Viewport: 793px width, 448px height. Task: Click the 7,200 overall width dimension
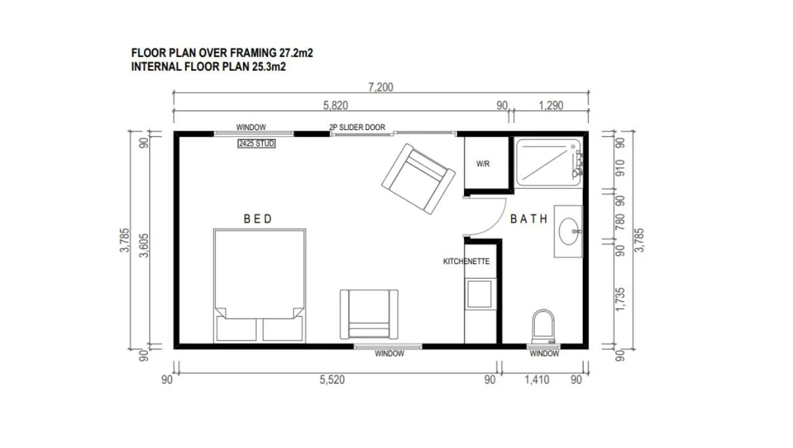pyautogui.click(x=380, y=87)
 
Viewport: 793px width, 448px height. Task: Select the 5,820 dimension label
pyautogui.click(x=335, y=106)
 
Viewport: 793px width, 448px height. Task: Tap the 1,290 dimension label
pyautogui.click(x=551, y=106)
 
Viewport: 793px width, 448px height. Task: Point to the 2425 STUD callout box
pyautogui.click(x=256, y=143)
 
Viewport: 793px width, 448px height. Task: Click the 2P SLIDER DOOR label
pyautogui.click(x=357, y=127)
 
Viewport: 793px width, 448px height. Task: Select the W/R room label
pyautogui.click(x=483, y=164)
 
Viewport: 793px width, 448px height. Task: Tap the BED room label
pyautogui.click(x=258, y=219)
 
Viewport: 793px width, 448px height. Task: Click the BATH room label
pyautogui.click(x=529, y=219)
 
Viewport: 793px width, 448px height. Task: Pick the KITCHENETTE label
pyautogui.click(x=466, y=261)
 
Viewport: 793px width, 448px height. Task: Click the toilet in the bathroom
pyautogui.click(x=543, y=327)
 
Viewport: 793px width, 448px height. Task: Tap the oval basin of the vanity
pyautogui.click(x=568, y=231)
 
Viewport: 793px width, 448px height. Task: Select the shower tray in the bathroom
pyautogui.click(x=549, y=162)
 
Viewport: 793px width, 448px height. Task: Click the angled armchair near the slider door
pyautogui.click(x=419, y=179)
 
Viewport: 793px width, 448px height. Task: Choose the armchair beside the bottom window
pyautogui.click(x=369, y=314)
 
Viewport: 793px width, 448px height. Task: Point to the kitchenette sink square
pyautogui.click(x=480, y=294)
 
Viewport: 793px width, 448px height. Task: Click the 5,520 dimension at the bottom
pyautogui.click(x=332, y=380)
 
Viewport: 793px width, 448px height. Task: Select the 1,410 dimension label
pyautogui.click(x=537, y=380)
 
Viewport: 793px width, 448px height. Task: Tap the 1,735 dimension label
pyautogui.click(x=620, y=300)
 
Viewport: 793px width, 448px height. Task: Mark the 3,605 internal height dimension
pyautogui.click(x=144, y=246)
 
